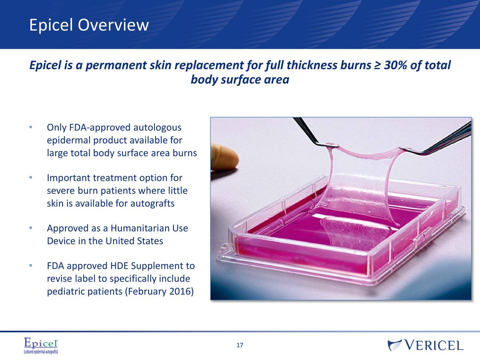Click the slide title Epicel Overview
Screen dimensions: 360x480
click(x=89, y=25)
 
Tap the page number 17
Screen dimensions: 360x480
click(x=240, y=345)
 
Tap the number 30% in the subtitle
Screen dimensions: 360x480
click(x=395, y=66)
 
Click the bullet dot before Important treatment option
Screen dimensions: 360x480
click(x=30, y=177)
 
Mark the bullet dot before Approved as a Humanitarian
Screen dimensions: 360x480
click(x=30, y=228)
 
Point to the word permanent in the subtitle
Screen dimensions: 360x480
click(x=115, y=66)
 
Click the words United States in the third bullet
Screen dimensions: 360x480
click(x=134, y=241)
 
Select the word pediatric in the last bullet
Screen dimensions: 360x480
click(x=66, y=292)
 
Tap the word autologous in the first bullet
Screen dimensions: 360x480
click(x=157, y=128)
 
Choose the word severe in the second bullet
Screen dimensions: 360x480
click(x=61, y=191)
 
